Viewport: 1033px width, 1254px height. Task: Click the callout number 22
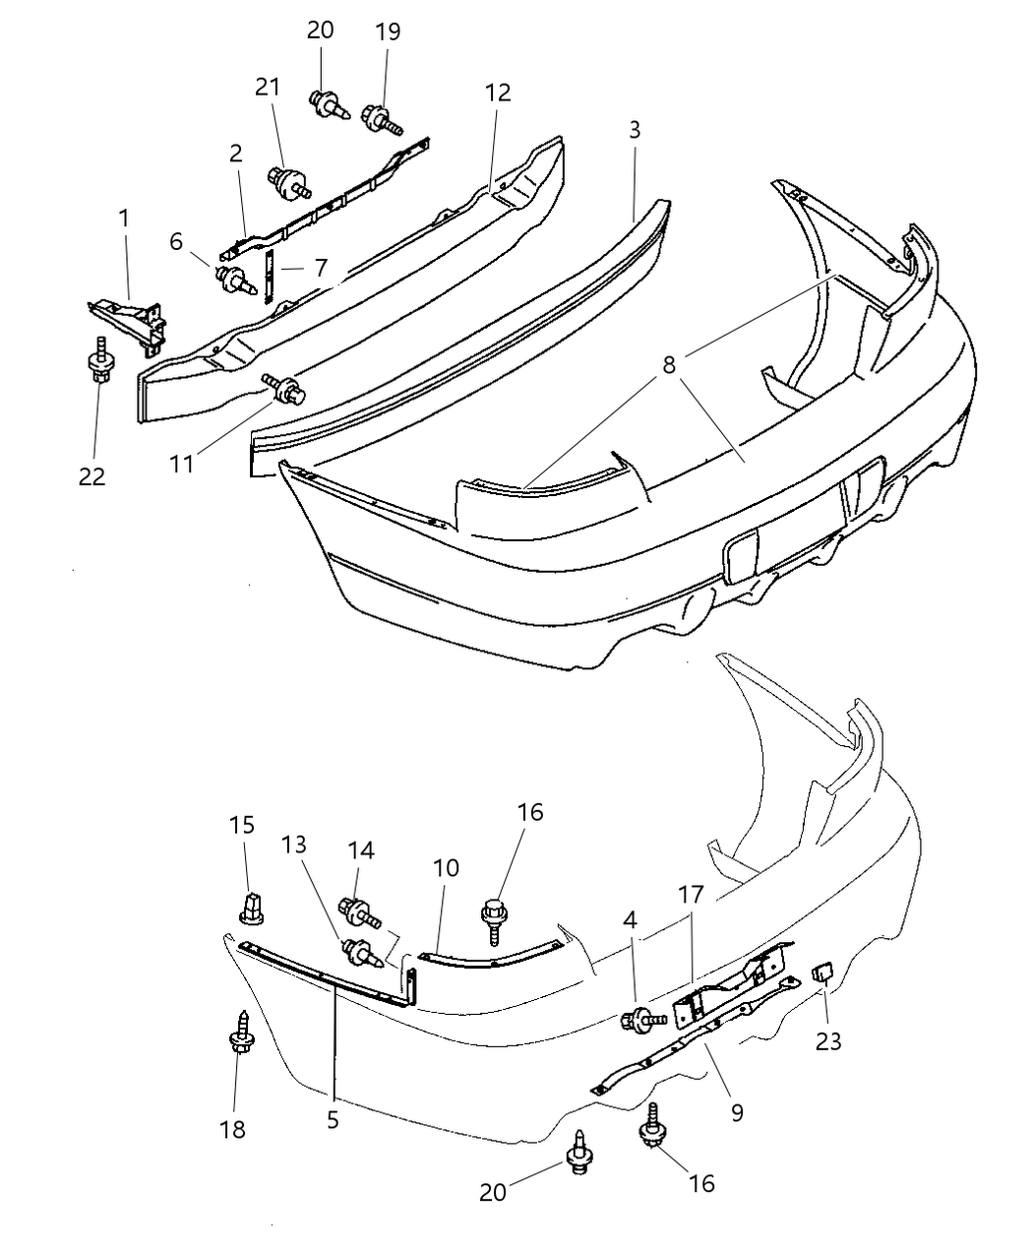click(92, 476)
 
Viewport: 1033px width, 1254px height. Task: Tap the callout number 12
click(498, 93)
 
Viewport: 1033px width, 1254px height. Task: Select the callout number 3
click(635, 130)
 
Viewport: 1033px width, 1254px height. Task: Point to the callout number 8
click(669, 364)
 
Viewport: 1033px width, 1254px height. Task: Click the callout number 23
click(828, 1039)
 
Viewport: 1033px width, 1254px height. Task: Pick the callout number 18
click(233, 1129)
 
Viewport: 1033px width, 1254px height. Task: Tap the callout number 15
click(242, 824)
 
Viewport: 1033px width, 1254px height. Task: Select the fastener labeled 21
click(288, 181)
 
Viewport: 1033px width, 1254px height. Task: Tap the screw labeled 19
click(383, 121)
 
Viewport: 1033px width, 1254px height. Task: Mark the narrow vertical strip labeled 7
click(269, 278)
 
